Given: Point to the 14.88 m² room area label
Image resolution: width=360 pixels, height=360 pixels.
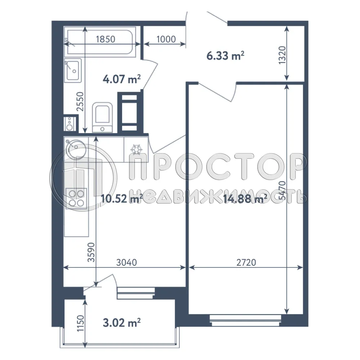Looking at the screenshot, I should (245, 198).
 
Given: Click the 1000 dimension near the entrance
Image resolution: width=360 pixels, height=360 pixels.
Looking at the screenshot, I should (166, 39).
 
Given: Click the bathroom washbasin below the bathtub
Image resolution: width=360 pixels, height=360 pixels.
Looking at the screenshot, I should (73, 69).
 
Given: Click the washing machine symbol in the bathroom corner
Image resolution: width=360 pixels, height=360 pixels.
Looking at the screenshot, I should (70, 123).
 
